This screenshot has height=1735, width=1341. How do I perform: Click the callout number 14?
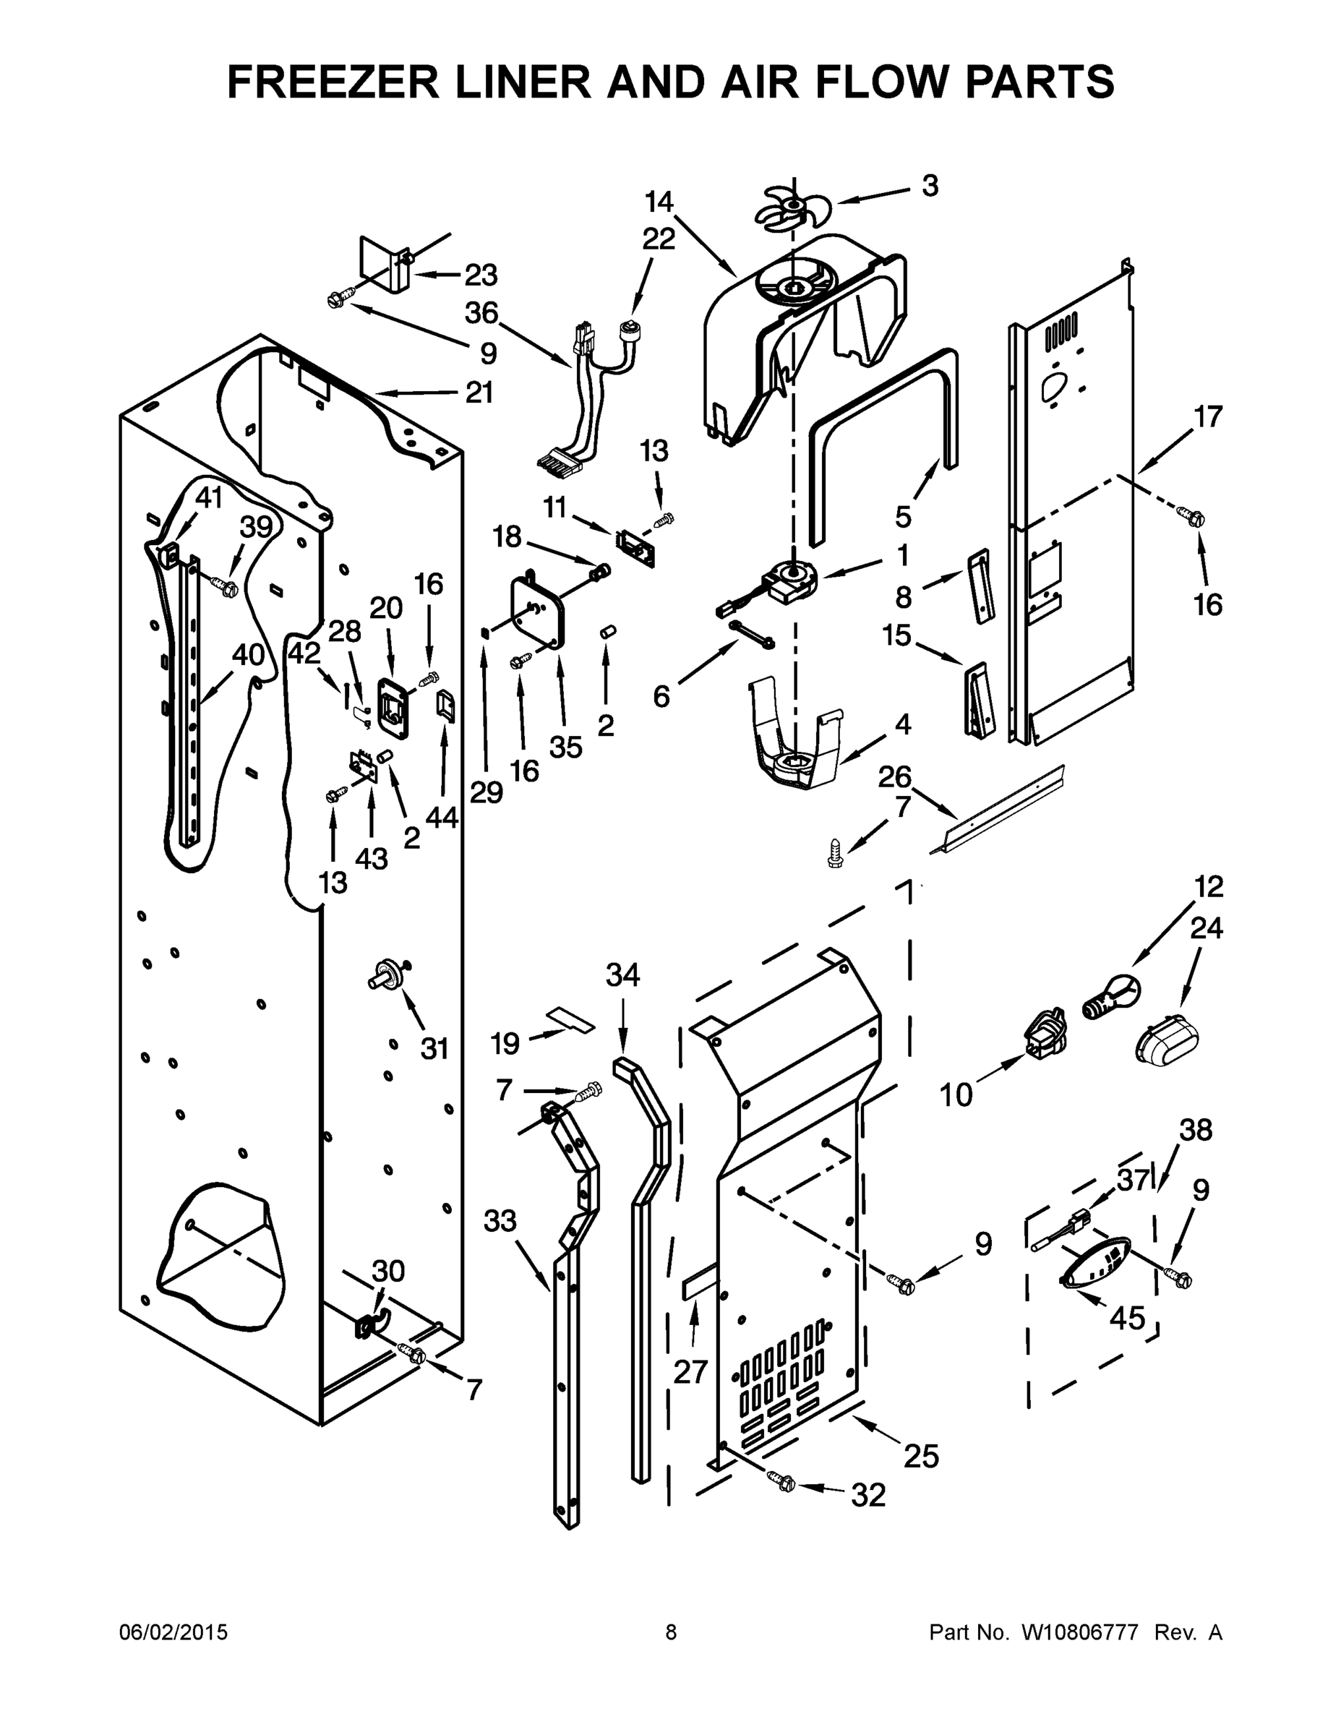point(659,202)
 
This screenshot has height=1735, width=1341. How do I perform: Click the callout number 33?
point(500,1221)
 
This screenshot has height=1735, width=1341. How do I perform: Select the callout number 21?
point(479,393)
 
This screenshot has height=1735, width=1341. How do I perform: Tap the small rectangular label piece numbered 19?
point(571,1019)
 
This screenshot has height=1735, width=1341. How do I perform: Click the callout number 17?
point(1207,416)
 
